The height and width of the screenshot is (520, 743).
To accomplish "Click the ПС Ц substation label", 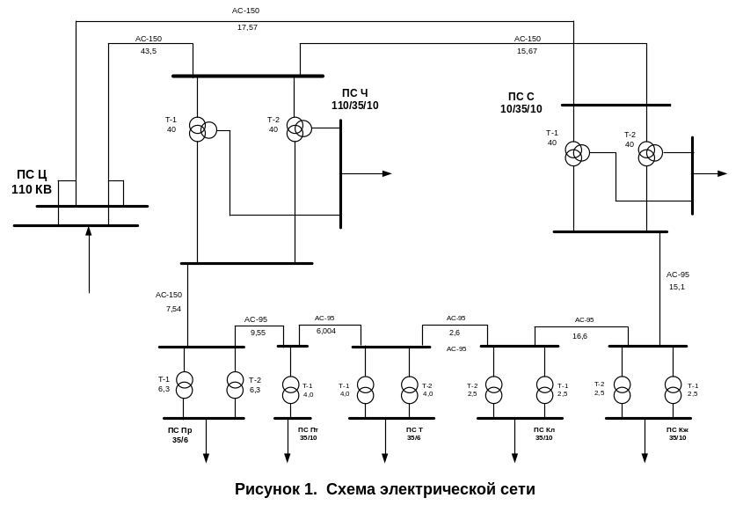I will [x=32, y=175].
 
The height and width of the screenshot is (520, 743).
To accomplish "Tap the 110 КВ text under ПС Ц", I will [x=32, y=188].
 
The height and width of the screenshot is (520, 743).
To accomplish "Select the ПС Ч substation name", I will [x=354, y=93].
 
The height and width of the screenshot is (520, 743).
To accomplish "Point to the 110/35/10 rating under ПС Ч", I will [x=354, y=106].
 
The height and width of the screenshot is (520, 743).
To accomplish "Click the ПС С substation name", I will [x=521, y=97].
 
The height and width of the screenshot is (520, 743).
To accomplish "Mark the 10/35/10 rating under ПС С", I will [x=521, y=109].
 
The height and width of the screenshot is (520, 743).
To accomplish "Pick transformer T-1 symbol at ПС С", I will [x=576, y=153].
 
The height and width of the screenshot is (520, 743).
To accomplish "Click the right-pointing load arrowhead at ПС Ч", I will [x=387, y=174].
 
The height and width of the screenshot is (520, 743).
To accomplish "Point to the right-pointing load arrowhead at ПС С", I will [x=723, y=174].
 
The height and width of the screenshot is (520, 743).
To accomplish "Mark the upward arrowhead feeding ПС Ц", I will [x=89, y=231].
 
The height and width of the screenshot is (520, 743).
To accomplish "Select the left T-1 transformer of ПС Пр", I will [x=184, y=385].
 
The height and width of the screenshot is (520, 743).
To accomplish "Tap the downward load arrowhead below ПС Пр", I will [x=207, y=458].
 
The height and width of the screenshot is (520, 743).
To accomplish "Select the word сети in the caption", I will [x=519, y=489].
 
